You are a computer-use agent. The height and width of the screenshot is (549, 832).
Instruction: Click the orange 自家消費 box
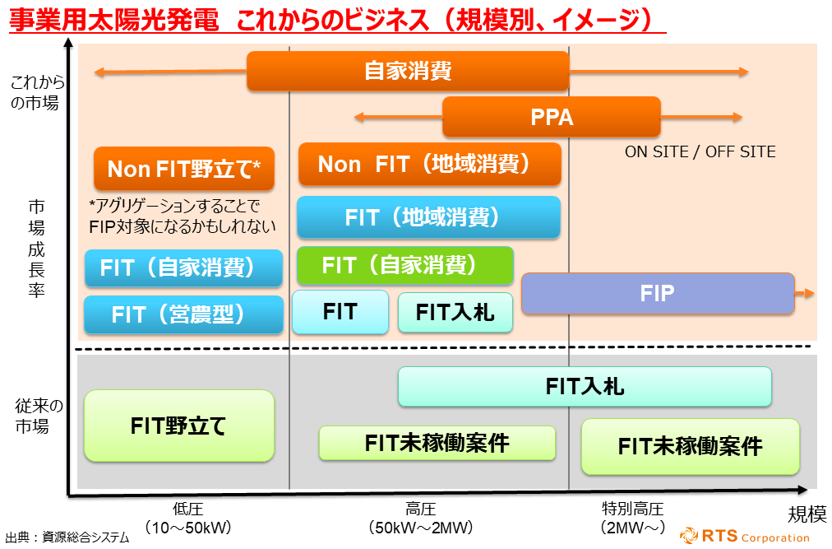pos(408,71)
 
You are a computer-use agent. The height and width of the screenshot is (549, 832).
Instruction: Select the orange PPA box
pos(552,117)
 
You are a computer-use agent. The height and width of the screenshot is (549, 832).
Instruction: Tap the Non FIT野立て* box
pos(184,169)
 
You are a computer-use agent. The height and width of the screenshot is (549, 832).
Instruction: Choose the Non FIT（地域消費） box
pos(429,164)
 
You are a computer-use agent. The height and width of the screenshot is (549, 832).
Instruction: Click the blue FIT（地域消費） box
pos(428,217)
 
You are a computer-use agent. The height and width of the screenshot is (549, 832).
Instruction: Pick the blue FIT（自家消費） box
pos(183,268)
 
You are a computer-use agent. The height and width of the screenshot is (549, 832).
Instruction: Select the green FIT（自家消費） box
pos(404,265)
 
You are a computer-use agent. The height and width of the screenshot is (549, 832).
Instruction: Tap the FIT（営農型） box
pos(183,314)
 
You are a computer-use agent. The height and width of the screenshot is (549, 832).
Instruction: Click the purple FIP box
pos(658,294)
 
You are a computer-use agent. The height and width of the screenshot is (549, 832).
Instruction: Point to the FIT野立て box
pos(178,426)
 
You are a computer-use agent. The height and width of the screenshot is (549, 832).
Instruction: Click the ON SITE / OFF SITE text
pos(700,151)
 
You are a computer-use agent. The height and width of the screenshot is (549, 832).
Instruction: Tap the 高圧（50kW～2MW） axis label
pos(420,518)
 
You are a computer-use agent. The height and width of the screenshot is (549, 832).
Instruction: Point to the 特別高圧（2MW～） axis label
pos(632,518)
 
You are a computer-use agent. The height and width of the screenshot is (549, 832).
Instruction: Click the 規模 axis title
pos(807,514)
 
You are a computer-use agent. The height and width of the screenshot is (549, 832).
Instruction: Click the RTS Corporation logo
pos(745,537)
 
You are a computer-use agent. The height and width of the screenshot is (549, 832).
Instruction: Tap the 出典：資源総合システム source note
pos(67,537)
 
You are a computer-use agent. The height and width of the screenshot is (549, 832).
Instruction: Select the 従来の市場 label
pos(38,416)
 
